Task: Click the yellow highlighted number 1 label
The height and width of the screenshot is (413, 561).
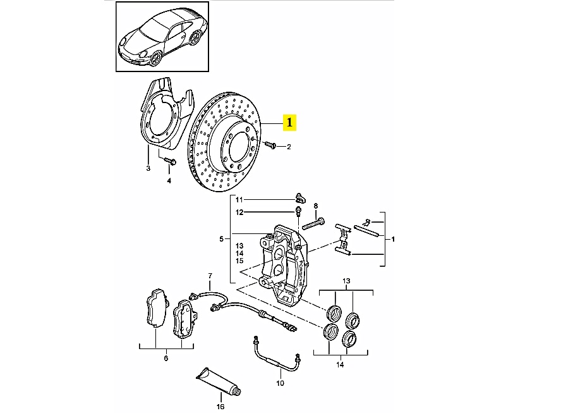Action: [x=290, y=122]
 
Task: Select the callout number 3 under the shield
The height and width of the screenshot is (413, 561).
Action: [x=148, y=168]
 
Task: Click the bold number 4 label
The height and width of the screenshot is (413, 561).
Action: [x=169, y=181]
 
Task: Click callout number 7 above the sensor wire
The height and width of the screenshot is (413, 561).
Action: [x=210, y=276]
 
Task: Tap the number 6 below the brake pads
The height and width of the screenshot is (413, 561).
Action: [x=166, y=359]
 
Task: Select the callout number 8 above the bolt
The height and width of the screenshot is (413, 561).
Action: [x=316, y=206]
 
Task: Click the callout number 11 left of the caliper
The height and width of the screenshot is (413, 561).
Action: [x=239, y=200]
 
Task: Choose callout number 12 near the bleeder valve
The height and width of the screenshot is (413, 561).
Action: [x=239, y=212]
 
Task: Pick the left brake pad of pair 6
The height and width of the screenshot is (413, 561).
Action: [x=154, y=309]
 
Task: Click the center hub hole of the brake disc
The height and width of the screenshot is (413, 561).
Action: [x=239, y=145]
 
